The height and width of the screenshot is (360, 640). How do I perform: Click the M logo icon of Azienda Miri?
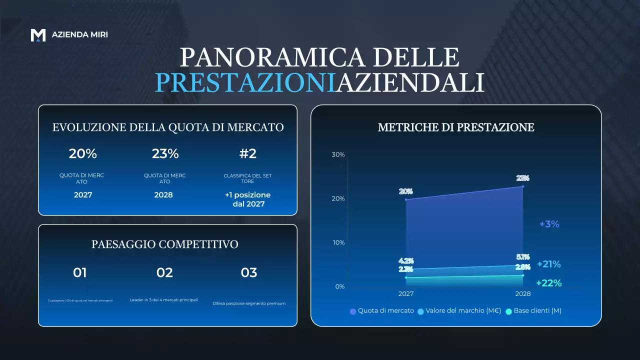(x=38, y=35)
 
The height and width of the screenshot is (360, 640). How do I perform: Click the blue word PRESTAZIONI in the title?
(x=244, y=82)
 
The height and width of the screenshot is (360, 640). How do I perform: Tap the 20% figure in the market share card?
(x=83, y=154)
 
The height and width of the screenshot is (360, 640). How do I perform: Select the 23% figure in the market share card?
(x=165, y=154)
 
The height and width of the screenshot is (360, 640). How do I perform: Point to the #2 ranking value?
(x=247, y=154)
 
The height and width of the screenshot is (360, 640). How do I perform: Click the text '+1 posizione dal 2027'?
(x=247, y=199)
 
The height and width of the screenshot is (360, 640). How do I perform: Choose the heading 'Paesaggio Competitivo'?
(x=165, y=244)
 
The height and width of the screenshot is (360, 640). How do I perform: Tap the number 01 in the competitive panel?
(x=80, y=272)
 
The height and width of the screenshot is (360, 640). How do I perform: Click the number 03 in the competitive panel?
(x=249, y=272)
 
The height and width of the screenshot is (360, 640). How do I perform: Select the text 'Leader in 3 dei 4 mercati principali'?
(x=164, y=300)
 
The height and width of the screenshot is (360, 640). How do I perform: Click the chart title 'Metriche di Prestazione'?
(x=456, y=127)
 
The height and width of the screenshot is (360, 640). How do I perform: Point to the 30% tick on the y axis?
(x=338, y=155)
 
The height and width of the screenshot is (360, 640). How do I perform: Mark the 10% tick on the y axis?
(x=338, y=243)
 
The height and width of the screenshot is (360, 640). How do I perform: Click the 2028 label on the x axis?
(x=523, y=294)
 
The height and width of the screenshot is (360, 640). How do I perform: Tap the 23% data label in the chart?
(x=523, y=178)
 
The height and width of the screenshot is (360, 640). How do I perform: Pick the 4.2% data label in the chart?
(x=406, y=261)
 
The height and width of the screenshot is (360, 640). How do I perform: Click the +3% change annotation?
(x=549, y=224)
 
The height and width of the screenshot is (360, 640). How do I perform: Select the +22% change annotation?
(x=548, y=283)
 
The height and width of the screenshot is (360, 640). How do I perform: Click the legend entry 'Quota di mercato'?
(x=382, y=311)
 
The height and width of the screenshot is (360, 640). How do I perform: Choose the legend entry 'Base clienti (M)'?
(x=533, y=311)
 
